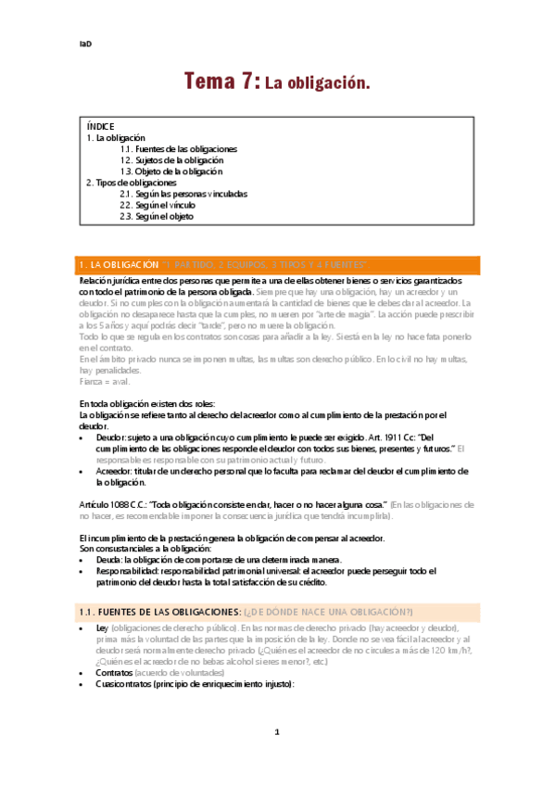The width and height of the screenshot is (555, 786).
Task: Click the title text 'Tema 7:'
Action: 222,82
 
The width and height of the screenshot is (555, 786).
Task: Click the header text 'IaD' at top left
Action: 84,44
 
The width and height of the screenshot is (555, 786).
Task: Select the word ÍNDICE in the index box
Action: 101,125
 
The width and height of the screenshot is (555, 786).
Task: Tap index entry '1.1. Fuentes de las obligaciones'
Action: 178,148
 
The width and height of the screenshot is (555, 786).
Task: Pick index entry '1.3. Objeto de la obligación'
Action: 171,171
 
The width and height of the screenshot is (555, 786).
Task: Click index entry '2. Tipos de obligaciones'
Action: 131,183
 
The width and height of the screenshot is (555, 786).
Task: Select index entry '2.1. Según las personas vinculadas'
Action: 183,195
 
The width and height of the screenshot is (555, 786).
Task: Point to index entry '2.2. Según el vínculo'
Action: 158,206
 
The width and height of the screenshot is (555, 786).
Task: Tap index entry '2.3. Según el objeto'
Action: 157,217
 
